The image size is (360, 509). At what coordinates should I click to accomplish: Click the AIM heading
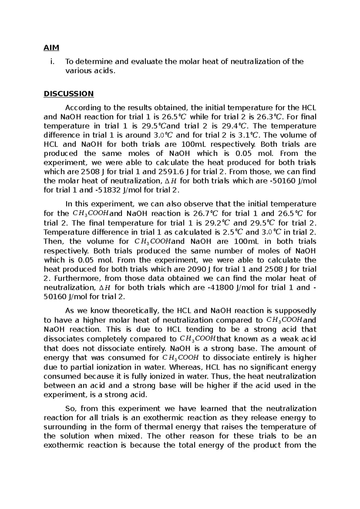point(52,47)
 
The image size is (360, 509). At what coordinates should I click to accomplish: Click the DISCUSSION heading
point(69,94)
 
